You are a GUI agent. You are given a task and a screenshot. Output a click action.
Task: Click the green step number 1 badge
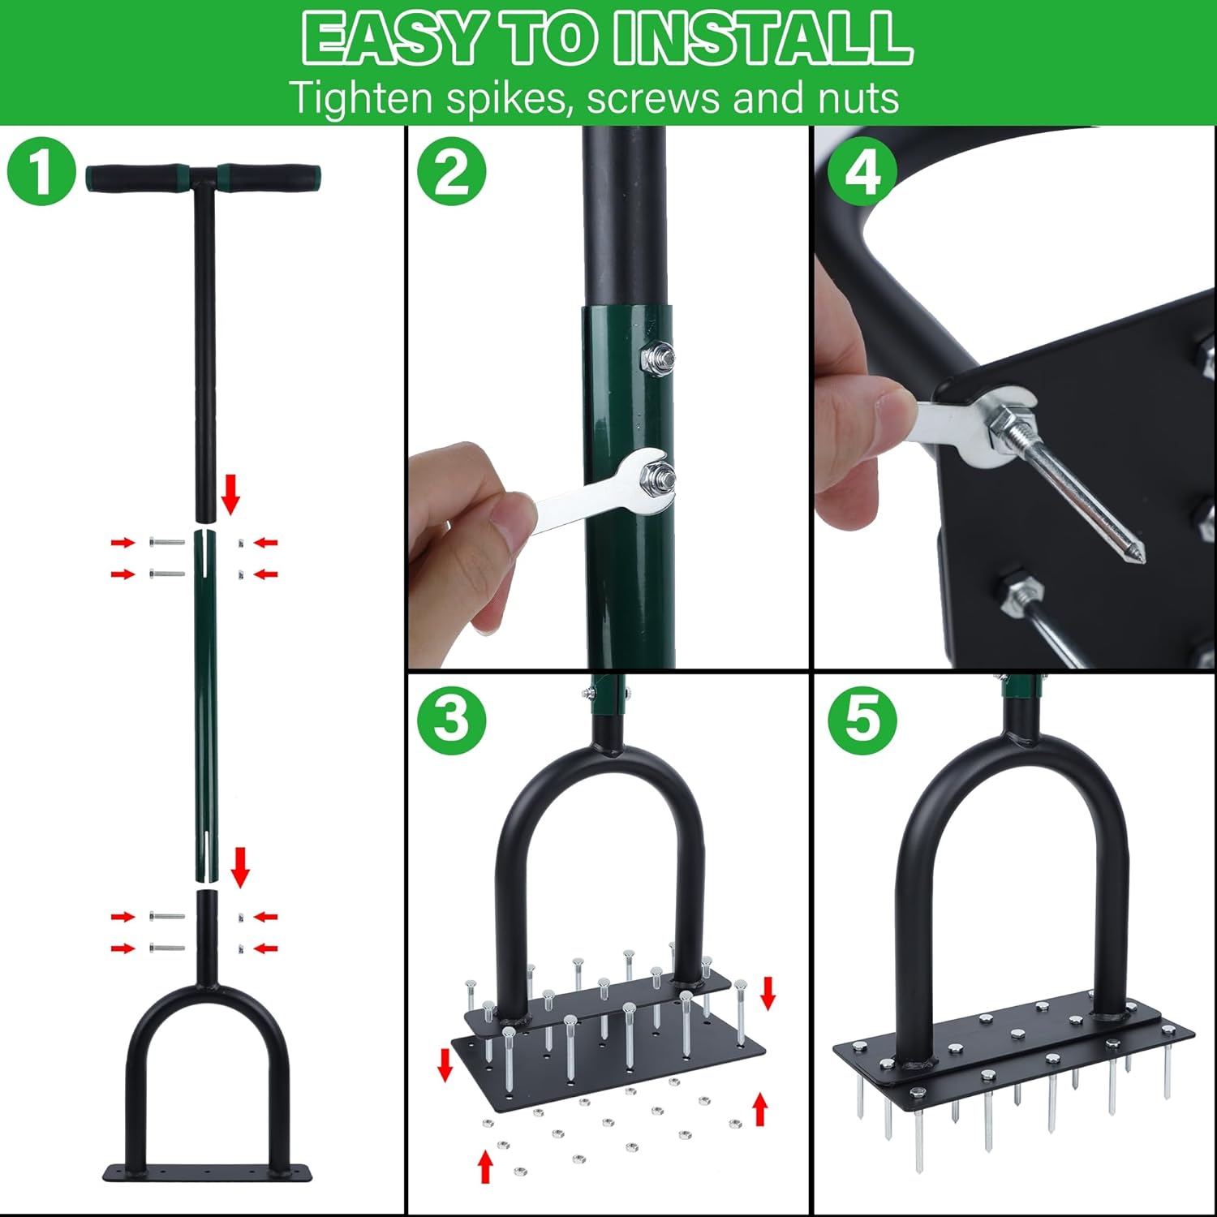tap(41, 171)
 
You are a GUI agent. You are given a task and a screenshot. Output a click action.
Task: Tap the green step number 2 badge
tap(452, 171)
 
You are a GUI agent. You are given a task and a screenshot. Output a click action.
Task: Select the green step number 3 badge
tap(452, 720)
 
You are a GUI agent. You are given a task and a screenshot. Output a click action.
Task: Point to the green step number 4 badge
tap(862, 171)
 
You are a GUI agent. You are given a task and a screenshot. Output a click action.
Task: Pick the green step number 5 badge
tap(862, 720)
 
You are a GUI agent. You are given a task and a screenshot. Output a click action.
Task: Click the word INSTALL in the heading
tap(763, 37)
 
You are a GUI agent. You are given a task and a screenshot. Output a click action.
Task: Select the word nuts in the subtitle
tap(858, 99)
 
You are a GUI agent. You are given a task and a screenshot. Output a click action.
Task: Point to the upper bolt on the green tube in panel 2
tap(658, 356)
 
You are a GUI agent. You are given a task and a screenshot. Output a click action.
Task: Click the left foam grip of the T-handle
tap(139, 178)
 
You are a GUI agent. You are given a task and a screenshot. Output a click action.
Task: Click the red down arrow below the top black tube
tap(230, 495)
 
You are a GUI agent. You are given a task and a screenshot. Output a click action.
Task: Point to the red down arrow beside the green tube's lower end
tap(240, 867)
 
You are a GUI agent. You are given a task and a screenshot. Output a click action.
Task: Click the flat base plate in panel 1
tap(208, 1173)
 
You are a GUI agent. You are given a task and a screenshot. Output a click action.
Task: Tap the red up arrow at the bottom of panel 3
tap(485, 1166)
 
